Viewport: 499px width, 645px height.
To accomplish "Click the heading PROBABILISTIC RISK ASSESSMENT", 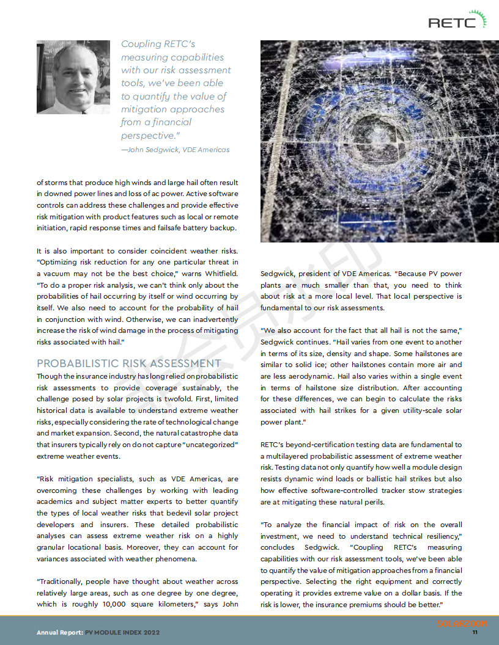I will tap(128, 363).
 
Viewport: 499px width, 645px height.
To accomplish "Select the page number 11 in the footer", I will tap(475, 632).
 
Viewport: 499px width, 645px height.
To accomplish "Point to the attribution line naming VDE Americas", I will tap(176, 150).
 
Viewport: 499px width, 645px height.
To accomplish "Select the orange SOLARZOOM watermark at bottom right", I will tap(462, 624).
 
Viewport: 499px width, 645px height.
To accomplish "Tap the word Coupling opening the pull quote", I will tap(141, 44).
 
